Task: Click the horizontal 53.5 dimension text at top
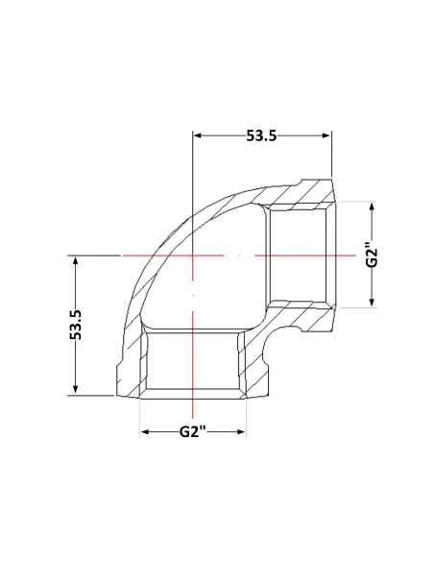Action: click(261, 135)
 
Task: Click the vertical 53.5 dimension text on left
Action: click(76, 325)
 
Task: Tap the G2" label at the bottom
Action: click(193, 431)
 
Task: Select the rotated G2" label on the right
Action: click(372, 256)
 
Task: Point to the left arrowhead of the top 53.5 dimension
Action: click(198, 135)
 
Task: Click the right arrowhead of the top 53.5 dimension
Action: click(326, 135)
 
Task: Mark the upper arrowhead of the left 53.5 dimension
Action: click(75, 260)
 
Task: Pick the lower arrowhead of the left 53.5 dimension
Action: click(75, 390)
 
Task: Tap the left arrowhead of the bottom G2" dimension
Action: click(144, 432)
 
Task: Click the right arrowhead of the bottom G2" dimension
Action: click(241, 432)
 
